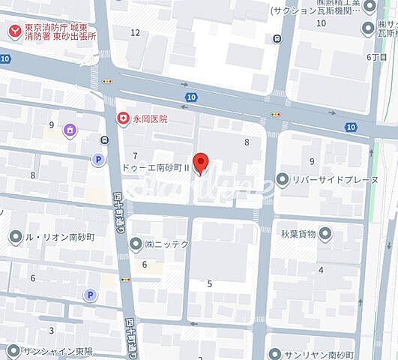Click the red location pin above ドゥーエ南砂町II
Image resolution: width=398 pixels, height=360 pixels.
[200, 161]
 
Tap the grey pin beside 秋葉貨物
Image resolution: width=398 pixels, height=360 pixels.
[325, 234]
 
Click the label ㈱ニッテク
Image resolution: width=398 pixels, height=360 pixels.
[169, 243]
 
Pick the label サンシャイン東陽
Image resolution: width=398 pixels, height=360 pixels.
[55, 350]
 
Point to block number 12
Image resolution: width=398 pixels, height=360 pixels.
[135, 32]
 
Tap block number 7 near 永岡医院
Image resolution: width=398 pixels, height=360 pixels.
[136, 154]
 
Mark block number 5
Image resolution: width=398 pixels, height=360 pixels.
[210, 283]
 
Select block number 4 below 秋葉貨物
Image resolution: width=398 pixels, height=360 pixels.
[321, 270]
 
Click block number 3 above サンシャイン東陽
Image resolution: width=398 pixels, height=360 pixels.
[52, 330]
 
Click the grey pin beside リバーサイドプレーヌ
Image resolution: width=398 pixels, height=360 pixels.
[282, 178]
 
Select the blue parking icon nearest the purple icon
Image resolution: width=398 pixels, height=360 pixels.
[97, 159]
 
